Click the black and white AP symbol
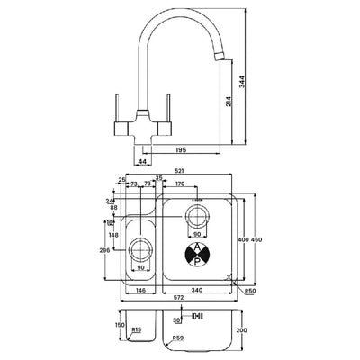tap(199, 254)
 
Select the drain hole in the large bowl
tap(198, 218)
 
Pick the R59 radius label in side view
tap(179, 339)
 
